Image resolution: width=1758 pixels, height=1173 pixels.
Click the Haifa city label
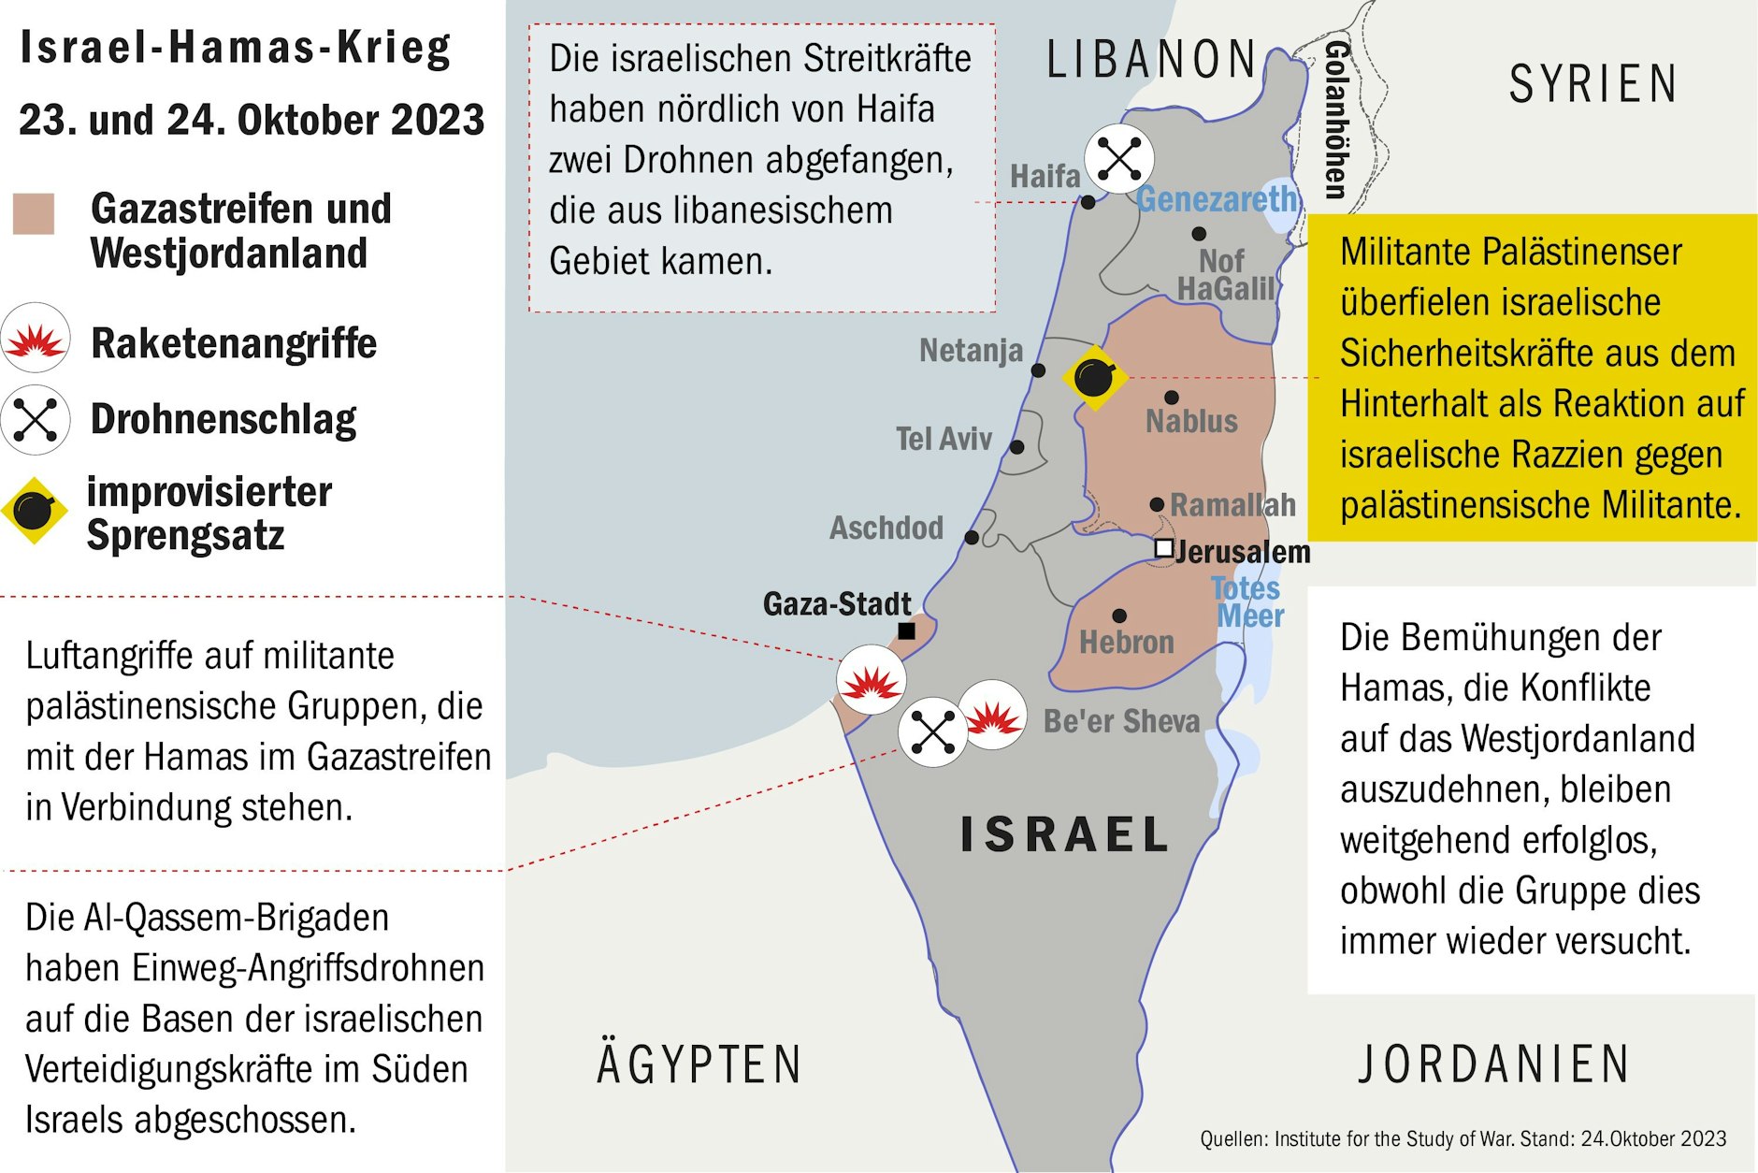(1045, 176)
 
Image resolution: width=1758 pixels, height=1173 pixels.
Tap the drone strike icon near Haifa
(1119, 158)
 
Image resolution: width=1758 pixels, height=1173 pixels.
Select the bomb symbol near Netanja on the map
(1094, 378)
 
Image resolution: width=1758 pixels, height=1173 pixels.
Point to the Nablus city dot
(1172, 398)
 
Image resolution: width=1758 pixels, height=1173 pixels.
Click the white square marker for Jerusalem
(1163, 548)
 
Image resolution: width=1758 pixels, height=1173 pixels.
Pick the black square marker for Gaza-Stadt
(906, 631)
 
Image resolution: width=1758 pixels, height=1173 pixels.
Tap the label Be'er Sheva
(1121, 721)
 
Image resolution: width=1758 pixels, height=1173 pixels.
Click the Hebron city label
(1126, 643)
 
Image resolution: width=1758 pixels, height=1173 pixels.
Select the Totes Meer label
(1247, 602)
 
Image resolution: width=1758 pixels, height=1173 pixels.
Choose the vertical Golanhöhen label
(1336, 120)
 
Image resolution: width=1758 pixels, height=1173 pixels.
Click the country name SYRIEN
(1592, 84)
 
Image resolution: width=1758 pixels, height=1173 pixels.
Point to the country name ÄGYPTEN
(699, 1064)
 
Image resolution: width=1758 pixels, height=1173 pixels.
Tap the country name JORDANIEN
(1493, 1064)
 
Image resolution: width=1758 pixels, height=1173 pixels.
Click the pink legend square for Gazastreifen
(34, 213)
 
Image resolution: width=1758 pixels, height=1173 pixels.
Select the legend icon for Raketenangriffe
(36, 339)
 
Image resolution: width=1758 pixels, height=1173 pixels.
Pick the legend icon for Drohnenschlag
(36, 419)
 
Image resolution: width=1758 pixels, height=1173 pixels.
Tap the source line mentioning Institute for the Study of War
(1463, 1138)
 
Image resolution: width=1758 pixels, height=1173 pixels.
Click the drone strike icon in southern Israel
(932, 731)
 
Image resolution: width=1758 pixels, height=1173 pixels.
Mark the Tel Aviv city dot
(1017, 447)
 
